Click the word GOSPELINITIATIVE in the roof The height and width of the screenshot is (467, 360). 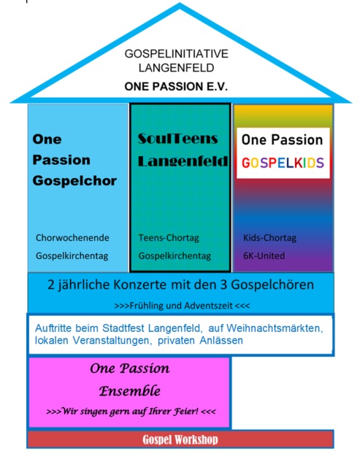coord(177,54)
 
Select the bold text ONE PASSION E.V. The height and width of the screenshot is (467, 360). coord(176,87)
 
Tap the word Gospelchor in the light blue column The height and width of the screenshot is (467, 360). coord(74,181)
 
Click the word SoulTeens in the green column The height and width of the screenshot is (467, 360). coord(178,139)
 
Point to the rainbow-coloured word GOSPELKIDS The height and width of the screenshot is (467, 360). coord(283,163)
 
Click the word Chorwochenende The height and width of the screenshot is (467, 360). coord(72,238)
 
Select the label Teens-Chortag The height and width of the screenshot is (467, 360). coord(169,238)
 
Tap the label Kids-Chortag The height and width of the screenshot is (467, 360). coord(269,238)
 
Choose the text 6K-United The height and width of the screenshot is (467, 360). coord(264,255)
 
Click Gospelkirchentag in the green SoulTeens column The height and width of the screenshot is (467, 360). coord(175,256)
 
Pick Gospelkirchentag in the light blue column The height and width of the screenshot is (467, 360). coord(72,256)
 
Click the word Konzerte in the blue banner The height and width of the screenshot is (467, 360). coord(139,285)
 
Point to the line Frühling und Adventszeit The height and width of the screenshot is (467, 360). coord(182,306)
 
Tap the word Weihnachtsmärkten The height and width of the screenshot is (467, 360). coord(275,328)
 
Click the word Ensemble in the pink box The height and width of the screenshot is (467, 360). coord(130,391)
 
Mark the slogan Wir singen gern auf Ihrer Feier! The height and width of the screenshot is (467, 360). coord(130,412)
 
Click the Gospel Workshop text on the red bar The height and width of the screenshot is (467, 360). coord(180,439)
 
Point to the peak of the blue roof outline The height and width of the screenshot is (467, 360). coord(180,3)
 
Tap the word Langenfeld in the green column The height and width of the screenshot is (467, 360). coord(183,161)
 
